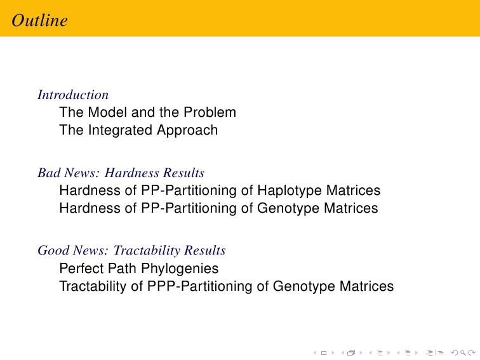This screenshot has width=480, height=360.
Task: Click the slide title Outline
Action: click(39, 20)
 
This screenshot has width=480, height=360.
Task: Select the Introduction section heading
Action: click(73, 95)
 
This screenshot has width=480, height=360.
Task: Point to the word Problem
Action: click(210, 112)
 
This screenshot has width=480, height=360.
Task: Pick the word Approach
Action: click(187, 130)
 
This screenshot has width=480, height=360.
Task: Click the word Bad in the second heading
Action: click(49, 173)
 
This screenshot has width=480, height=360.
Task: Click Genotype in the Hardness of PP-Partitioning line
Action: click(288, 208)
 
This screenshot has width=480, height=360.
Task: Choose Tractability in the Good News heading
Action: click(147, 250)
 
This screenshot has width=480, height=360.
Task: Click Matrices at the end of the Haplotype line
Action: click(353, 190)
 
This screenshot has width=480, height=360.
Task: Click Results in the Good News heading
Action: click(205, 250)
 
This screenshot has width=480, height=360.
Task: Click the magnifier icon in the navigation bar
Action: click(463, 353)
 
